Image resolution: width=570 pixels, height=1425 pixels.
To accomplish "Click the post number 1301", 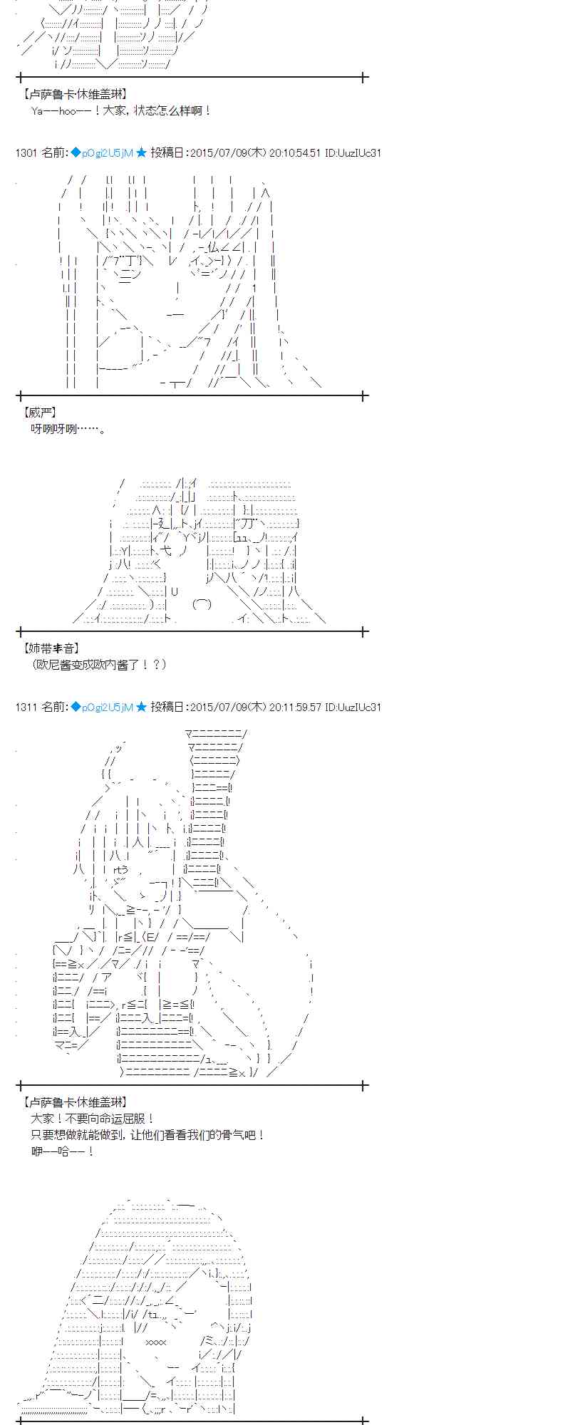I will point(26,152).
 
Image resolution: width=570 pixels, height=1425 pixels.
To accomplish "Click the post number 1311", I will point(26,707).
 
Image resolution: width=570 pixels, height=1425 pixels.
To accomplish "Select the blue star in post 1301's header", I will point(141,152).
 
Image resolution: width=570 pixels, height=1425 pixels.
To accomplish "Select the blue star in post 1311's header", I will point(141,707).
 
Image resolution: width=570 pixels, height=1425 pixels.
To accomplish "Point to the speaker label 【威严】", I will point(40,413).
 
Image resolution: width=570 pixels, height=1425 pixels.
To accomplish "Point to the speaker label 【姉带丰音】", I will point(51,648).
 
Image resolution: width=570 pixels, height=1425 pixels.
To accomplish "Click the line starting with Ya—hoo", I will point(121,110).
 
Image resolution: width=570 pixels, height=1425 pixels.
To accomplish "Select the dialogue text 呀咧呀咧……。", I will point(68,429).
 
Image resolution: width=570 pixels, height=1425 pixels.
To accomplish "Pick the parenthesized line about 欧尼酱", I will point(99,664).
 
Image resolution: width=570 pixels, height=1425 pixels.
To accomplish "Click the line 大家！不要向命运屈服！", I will point(93,1119).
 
